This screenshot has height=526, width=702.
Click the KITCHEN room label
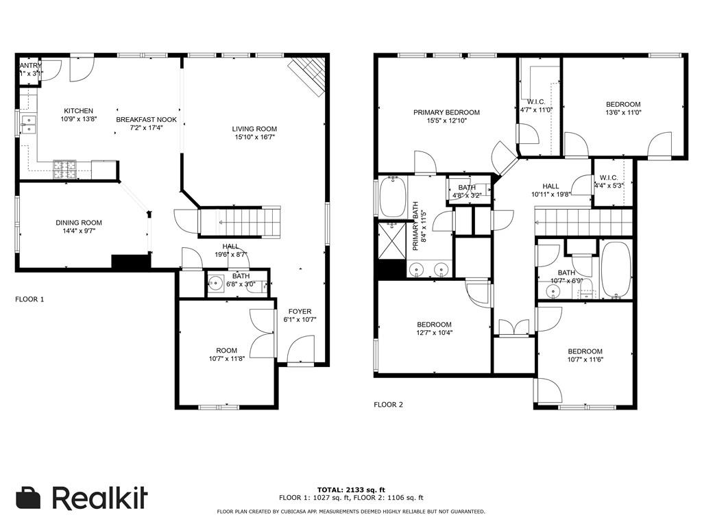[x=78, y=111]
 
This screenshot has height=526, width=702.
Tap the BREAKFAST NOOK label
[x=146, y=119]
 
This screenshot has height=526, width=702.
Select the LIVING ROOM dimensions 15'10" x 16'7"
[x=254, y=137]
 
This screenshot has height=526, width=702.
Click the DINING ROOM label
[x=79, y=223]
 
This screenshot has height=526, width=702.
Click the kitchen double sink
[x=28, y=124]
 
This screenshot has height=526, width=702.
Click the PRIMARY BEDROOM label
[x=446, y=112]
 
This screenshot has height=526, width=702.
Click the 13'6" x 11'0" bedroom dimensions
[x=622, y=112]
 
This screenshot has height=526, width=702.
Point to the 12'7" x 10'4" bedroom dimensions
[x=434, y=333]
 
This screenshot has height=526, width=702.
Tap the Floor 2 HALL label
[x=550, y=186]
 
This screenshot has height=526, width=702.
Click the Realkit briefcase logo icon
[x=29, y=498]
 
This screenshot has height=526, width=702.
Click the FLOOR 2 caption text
[x=388, y=405]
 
